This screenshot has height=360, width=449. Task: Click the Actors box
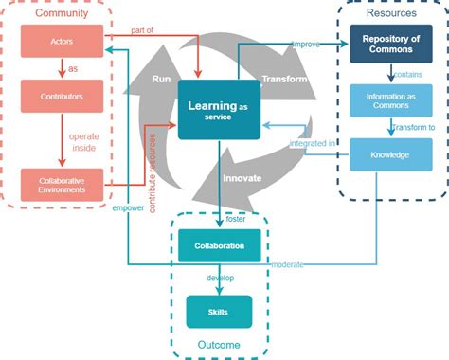pyautogui.click(x=60, y=42)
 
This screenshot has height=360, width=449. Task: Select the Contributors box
pyautogui.click(x=60, y=96)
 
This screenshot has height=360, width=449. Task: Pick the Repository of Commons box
pyautogui.click(x=385, y=44)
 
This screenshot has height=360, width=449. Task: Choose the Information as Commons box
pyautogui.click(x=385, y=99)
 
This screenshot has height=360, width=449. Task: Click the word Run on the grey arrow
pyautogui.click(x=160, y=80)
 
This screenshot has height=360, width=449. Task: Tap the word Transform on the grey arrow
pyautogui.click(x=284, y=79)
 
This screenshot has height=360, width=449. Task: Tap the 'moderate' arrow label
pyautogui.click(x=287, y=264)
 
